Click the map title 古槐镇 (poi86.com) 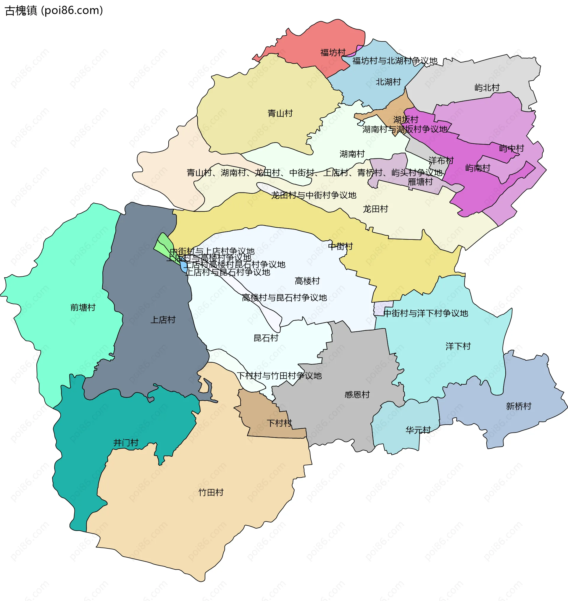[x=54, y=11]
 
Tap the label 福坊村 [x=333, y=53]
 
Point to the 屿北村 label [x=487, y=88]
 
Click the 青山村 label [x=280, y=114]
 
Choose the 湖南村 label [x=352, y=154]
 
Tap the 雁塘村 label [x=420, y=182]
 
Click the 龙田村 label [x=375, y=209]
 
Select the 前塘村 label [x=83, y=307]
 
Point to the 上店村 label [x=163, y=320]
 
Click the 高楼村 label [x=307, y=281]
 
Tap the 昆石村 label [x=266, y=338]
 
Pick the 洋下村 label [x=458, y=346]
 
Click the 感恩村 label [x=357, y=395]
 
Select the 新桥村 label [x=518, y=406]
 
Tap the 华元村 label [x=418, y=430]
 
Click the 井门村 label [x=126, y=443]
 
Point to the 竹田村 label [x=211, y=493]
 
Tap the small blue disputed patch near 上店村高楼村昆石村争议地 [x=183, y=267]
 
